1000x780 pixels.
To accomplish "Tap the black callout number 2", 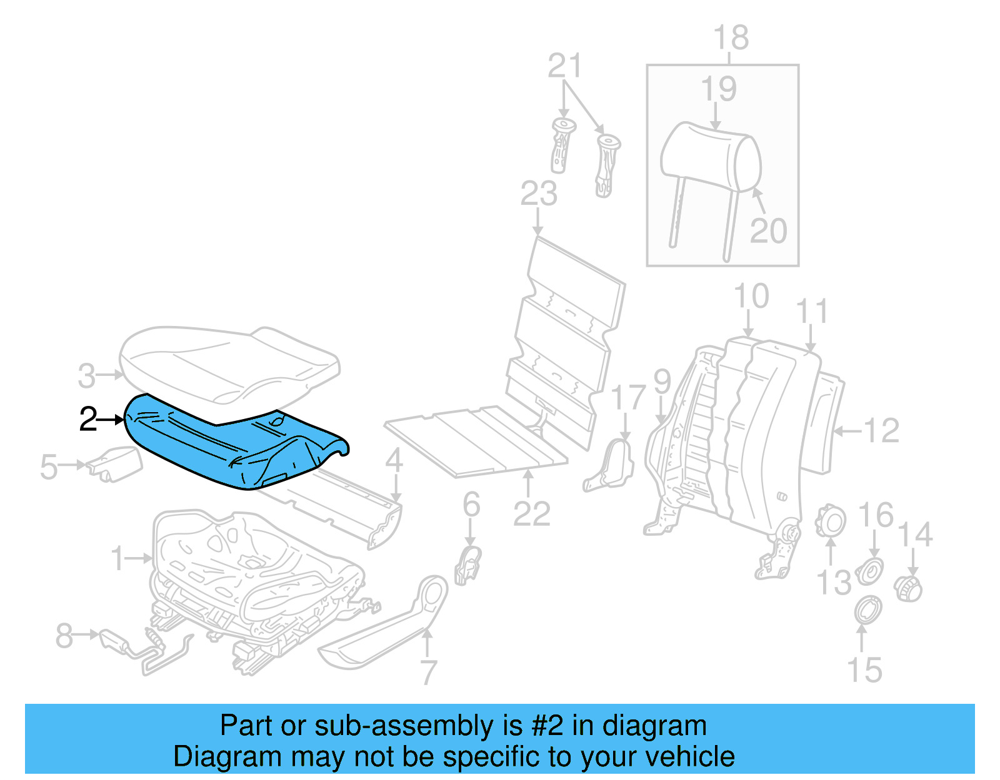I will coord(88,420).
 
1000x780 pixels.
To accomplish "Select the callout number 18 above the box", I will coord(731,38).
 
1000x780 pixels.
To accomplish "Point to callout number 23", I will coord(539,194).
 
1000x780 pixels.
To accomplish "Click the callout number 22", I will coord(531,514).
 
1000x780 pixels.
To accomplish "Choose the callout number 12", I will coord(881,431).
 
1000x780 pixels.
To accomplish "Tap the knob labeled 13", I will coord(831,521).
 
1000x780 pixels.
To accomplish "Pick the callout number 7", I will coord(428,672).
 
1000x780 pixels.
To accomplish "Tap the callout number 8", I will coord(64,636).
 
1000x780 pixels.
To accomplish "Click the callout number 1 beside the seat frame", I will coord(117,558).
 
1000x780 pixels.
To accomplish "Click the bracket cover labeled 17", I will coord(611,467).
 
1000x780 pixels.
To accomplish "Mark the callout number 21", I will coord(564,66).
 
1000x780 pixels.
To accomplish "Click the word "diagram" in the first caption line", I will coord(654,726).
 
